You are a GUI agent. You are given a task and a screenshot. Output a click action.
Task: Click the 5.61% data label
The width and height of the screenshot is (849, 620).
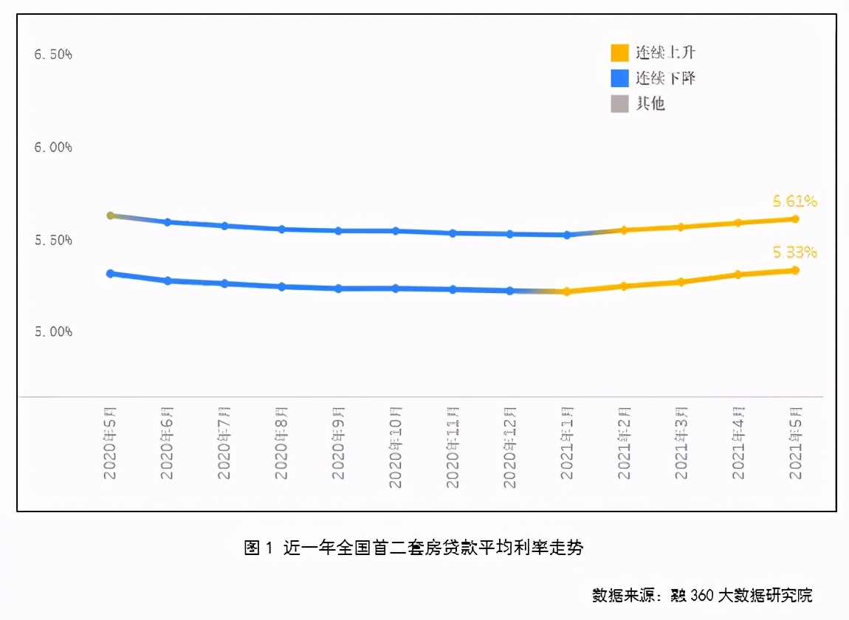(794, 201)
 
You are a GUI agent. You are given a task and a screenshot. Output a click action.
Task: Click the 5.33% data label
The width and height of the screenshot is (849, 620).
(794, 252)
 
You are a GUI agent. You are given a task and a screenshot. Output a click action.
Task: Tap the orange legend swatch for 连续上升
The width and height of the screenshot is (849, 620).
(619, 52)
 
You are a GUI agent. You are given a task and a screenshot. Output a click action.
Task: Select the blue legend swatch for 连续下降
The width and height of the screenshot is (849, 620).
(619, 77)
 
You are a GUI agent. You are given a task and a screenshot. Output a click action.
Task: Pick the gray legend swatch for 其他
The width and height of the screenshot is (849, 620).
(619, 103)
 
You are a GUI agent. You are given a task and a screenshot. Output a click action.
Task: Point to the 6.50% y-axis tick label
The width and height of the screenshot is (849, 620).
(53, 55)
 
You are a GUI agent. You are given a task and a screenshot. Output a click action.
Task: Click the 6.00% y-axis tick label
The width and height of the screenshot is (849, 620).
(53, 148)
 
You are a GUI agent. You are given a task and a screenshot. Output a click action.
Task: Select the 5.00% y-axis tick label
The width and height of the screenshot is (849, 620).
(53, 332)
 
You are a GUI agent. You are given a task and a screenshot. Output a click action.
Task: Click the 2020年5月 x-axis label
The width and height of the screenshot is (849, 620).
(110, 443)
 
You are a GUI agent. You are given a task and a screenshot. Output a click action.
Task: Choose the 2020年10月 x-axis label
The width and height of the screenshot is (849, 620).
(396, 447)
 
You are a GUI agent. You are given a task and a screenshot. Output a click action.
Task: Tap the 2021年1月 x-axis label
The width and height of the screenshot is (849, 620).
(567, 443)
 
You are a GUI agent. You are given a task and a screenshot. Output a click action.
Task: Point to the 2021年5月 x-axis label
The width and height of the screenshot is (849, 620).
(795, 443)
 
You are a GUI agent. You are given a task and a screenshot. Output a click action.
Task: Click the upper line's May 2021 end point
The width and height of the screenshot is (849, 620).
(795, 218)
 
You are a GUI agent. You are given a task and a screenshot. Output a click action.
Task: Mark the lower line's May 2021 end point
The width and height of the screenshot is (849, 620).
(795, 270)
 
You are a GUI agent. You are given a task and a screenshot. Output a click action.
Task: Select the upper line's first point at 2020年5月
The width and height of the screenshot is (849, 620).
(110, 216)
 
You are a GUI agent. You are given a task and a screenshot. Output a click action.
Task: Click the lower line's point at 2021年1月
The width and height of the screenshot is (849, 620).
(567, 292)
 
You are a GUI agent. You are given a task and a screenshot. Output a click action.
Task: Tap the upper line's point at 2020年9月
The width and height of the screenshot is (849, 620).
(338, 231)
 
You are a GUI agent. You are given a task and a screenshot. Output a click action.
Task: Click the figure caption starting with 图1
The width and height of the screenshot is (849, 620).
(413, 548)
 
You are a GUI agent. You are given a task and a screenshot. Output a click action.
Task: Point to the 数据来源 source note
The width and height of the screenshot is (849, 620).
(701, 595)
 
